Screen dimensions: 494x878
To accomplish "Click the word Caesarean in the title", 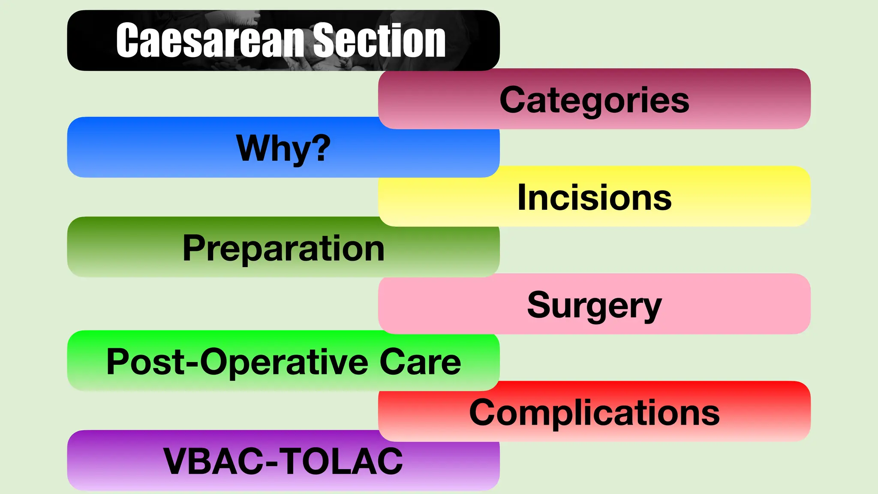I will [210, 41].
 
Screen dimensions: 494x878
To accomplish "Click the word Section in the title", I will [379, 41].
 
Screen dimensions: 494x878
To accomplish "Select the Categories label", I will [594, 100].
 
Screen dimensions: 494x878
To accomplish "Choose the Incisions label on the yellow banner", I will [594, 198].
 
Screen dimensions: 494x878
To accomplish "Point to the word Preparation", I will [283, 248].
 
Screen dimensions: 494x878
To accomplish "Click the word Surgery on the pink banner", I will [594, 305].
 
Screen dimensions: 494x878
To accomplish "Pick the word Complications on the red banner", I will [594, 413].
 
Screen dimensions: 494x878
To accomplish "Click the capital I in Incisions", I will [522, 197].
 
